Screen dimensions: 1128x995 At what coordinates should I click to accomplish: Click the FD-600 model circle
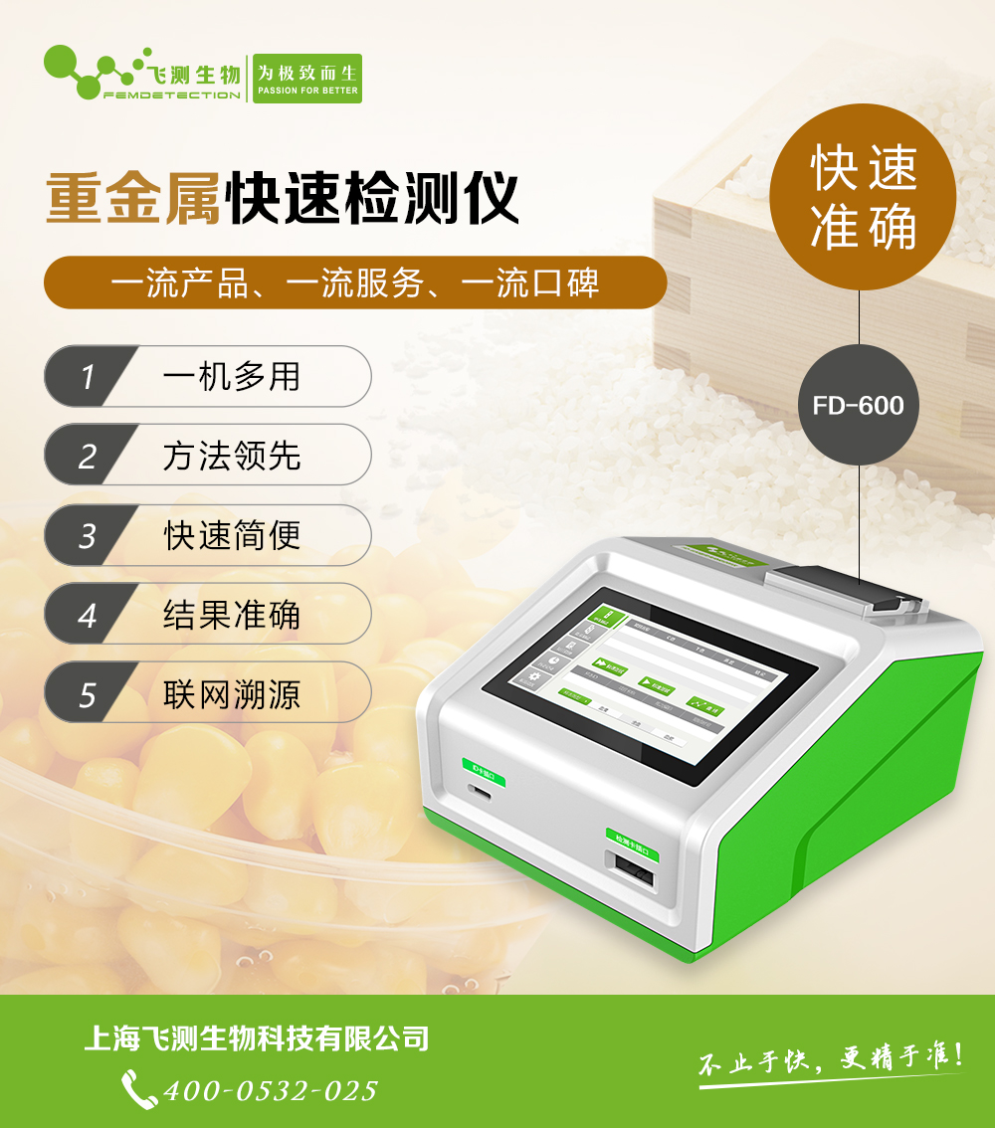858,405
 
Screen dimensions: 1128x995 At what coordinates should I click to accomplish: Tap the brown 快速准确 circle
862,197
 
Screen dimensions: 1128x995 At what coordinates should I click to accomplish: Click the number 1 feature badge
88,377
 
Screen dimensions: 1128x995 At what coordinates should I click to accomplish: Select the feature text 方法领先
232,456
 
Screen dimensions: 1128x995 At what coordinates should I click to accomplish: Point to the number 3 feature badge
88,535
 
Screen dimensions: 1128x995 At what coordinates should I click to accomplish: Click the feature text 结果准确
232,615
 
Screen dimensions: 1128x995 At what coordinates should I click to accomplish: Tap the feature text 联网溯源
232,693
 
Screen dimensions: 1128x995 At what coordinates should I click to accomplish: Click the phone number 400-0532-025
270,1090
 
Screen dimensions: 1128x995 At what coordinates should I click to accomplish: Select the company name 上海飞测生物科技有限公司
257,1039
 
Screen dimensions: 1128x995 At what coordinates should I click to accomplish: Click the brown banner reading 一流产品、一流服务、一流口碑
354,283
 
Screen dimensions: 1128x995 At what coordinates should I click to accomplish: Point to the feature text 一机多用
232,377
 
